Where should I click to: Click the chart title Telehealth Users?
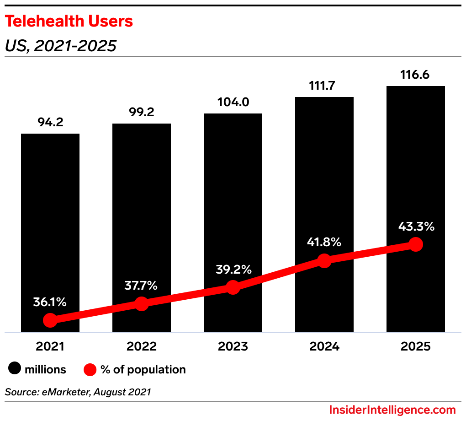click(69, 21)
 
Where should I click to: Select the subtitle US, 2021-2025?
click(60, 46)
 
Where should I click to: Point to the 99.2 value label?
click(142, 113)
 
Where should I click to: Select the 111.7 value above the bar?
click(324, 86)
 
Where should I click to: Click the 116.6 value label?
click(416, 75)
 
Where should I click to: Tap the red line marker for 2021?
click(50, 320)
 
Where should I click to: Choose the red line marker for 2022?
click(142, 304)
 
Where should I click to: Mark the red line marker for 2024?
click(324, 261)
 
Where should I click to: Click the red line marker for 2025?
click(416, 244)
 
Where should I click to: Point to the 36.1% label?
click(50, 302)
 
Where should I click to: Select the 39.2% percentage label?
click(233, 270)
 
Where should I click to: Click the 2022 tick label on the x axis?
click(142, 346)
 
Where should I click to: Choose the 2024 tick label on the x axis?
click(324, 346)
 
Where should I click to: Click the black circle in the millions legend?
click(16, 369)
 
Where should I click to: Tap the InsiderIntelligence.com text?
click(392, 410)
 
